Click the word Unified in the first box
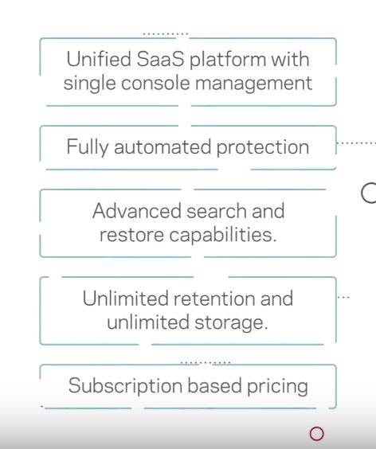pyautogui.click(x=99, y=59)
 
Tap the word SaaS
pyautogui.click(x=160, y=59)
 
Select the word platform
pyautogui.click(x=228, y=61)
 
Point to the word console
pyautogui.click(x=155, y=83)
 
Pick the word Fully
pyautogui.click(x=88, y=148)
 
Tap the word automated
pyautogui.click(x=163, y=146)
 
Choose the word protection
pyautogui.click(x=263, y=148)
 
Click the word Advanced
pyautogui.click(x=137, y=211)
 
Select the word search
pyautogui.click(x=217, y=211)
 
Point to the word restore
pyautogui.click(x=131, y=235)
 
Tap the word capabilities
pyautogui.click(x=223, y=236)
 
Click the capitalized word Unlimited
pyautogui.click(x=125, y=299)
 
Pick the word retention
pyautogui.click(x=214, y=299)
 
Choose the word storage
pyautogui.click(x=231, y=323)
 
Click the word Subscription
pyautogui.click(x=125, y=387)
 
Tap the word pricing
pyautogui.click(x=277, y=387)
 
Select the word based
pyautogui.click(x=214, y=385)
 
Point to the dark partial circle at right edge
pyautogui.click(x=362, y=193)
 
